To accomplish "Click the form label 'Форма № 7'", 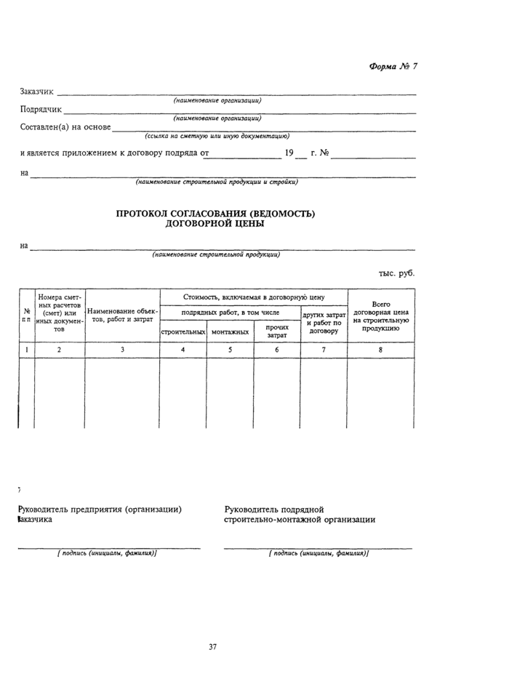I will pos(393,66).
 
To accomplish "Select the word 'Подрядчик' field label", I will pos(41,110).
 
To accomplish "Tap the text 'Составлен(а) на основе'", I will pos(65,128).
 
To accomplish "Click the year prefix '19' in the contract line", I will pos(289,153).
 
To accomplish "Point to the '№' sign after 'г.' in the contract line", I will pos(324,153).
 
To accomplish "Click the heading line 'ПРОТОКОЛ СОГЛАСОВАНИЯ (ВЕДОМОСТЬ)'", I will pos(215,214).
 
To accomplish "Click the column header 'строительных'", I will pos(183,331).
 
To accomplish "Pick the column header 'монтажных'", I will pos(230,331).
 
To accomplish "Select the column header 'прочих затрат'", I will pos(276,331).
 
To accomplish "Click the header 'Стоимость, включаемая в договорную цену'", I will pos(254,297).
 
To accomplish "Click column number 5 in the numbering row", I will pos(230,350).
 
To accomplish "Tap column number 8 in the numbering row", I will pos(381,350).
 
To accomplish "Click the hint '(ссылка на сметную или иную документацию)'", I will pos(217,136).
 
